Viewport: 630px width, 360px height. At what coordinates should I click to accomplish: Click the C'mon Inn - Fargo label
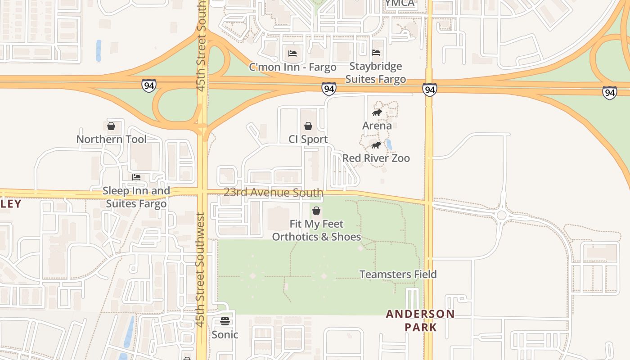(x=292, y=67)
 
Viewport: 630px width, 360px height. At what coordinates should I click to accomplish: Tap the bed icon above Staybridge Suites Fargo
(x=376, y=53)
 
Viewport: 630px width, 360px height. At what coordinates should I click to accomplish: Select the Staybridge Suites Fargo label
(x=376, y=73)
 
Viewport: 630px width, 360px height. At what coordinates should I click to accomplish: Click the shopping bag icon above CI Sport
(x=308, y=126)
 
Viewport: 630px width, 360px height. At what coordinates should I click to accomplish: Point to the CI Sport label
(x=308, y=139)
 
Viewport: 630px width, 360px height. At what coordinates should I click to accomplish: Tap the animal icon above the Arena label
(x=377, y=112)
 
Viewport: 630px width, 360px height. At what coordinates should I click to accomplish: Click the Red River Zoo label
(x=376, y=158)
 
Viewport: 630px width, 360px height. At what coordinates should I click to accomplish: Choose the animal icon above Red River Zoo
(x=376, y=145)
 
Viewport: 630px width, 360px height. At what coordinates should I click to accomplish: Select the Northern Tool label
(x=111, y=139)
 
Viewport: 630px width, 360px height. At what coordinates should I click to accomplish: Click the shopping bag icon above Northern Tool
(x=111, y=126)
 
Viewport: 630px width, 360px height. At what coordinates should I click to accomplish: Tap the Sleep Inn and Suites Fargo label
(x=136, y=197)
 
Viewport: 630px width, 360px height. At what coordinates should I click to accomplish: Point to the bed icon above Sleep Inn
(x=136, y=177)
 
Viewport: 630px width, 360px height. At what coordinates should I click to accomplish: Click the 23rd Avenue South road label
(x=274, y=193)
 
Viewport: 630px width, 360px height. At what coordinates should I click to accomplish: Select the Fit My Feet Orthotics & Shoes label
(x=316, y=230)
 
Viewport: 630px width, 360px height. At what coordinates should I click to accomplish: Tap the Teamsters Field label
(x=398, y=274)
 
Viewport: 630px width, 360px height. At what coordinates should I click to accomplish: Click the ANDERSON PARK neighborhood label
(x=420, y=320)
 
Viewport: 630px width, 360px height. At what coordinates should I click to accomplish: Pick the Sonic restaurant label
(x=225, y=334)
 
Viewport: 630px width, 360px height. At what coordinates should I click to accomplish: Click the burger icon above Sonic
(x=225, y=321)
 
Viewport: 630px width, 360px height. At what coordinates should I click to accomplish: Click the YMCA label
(x=400, y=4)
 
